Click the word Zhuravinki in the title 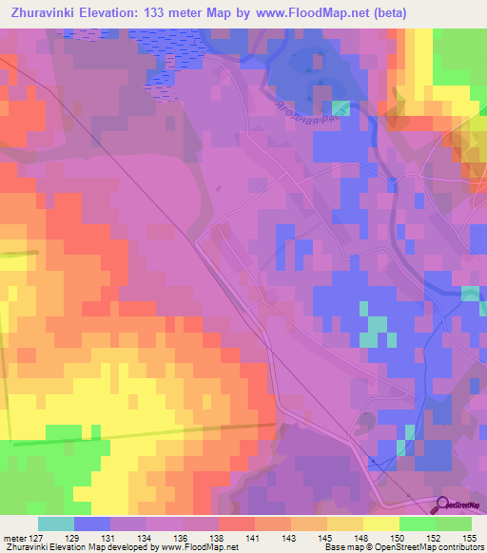[45, 13]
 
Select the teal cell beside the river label [341, 108]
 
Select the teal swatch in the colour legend [56, 524]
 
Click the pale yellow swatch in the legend [381, 524]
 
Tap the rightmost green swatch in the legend [454, 524]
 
